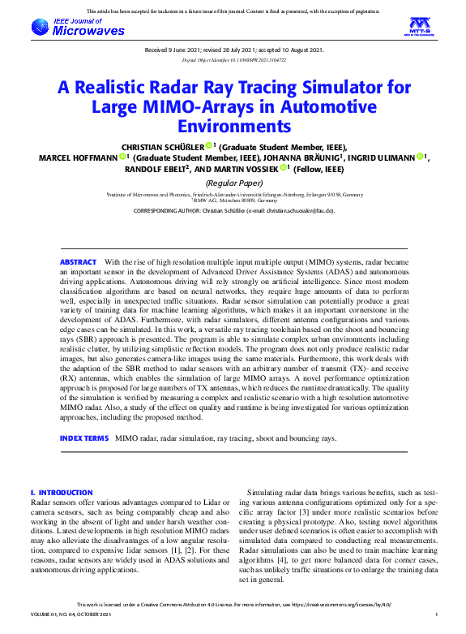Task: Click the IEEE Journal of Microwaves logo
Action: pos(78,28)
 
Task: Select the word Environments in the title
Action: pos(233,126)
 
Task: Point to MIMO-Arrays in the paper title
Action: pos(185,107)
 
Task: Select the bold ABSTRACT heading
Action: pos(79,262)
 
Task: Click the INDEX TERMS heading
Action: pos(83,438)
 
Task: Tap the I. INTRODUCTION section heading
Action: pos(62,493)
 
